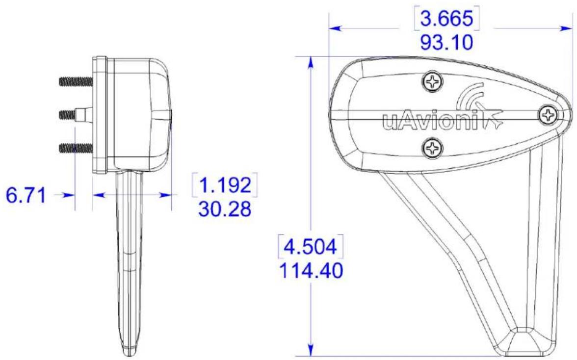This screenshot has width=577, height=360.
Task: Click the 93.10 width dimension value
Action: [x=446, y=43]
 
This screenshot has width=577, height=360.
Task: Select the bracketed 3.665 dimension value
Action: [x=446, y=19]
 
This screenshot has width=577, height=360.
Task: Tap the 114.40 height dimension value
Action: [x=311, y=271]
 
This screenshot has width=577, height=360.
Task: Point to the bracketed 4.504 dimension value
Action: [x=311, y=246]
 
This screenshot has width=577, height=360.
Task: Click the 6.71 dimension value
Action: [x=26, y=195]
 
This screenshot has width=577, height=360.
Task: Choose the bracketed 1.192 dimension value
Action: [x=225, y=184]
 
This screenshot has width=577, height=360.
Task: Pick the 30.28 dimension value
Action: [x=225, y=209]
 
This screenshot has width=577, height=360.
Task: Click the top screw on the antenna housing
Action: [x=432, y=81]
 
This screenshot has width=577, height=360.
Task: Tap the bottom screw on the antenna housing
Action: [x=432, y=148]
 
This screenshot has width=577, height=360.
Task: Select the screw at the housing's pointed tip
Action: [x=549, y=115]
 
